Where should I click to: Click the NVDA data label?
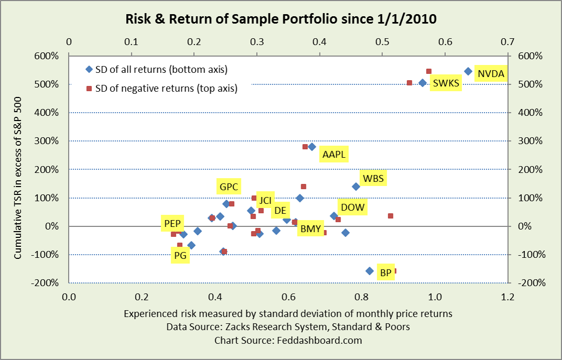coord(491,74)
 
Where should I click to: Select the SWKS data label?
coord(446,83)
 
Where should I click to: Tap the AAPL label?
coord(334,155)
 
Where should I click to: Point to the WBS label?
coord(373,179)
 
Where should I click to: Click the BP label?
coord(385,272)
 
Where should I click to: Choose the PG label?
coord(180,256)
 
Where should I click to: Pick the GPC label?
coord(229,186)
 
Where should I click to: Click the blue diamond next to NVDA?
coord(468,71)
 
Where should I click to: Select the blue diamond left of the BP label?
coord(369,271)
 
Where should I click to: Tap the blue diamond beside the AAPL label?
coord(312,147)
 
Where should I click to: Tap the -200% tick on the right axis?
coord(532,283)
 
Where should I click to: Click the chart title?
coord(281,20)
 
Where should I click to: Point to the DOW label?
coord(352,207)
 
